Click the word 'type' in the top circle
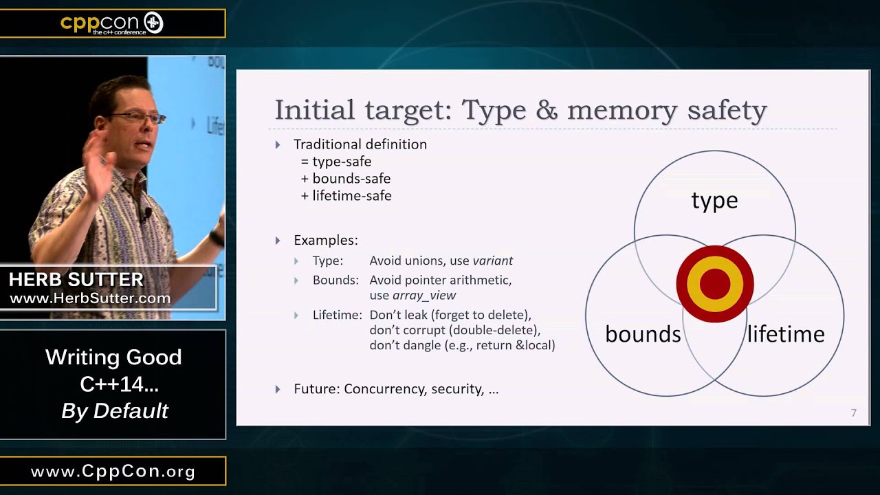click(x=714, y=201)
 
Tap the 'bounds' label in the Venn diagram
click(x=643, y=334)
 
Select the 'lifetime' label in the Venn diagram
click(x=786, y=334)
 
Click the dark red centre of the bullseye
click(x=715, y=284)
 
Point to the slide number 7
click(x=853, y=413)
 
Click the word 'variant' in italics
click(x=492, y=261)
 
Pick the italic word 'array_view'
click(x=424, y=295)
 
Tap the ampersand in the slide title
click(x=547, y=110)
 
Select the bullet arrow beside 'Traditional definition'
click(x=278, y=144)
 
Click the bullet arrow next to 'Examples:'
click(x=278, y=241)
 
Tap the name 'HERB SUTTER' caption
click(x=76, y=280)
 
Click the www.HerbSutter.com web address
click(x=90, y=298)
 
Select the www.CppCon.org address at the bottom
click(x=113, y=472)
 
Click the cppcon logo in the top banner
click(x=112, y=23)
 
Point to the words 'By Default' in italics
click(x=115, y=411)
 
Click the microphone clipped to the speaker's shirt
click(x=144, y=215)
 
